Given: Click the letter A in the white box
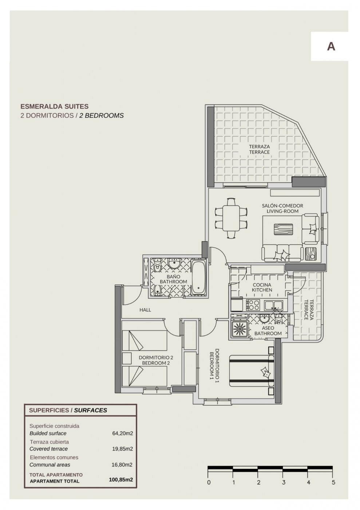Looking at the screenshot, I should coord(331,46).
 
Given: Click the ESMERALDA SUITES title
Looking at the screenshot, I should coord(54,106).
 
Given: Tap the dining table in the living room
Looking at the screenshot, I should coord(231,218).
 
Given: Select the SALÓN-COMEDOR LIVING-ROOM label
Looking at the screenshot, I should coord(282,208).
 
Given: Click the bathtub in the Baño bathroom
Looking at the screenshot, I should coord(199,278).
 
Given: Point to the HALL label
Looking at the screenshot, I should coord(145,310).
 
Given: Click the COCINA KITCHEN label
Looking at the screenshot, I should coord(262,287).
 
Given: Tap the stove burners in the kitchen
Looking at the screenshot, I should coord(253,305).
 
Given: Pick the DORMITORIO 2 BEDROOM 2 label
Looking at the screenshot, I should coord(156,360).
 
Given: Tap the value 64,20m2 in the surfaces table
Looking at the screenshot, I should coord(122,433).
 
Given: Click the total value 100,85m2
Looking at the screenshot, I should coord(121,480).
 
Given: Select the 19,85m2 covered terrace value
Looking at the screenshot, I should coord(122,449).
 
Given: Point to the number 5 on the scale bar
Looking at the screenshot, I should coord(333,483).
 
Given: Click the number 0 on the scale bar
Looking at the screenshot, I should coord(208,483).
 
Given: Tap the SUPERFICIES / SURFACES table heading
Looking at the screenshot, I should coord(68,410).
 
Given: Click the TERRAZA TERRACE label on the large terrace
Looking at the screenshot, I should coord(260,149).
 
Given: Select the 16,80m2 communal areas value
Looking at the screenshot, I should coord(122,465).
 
